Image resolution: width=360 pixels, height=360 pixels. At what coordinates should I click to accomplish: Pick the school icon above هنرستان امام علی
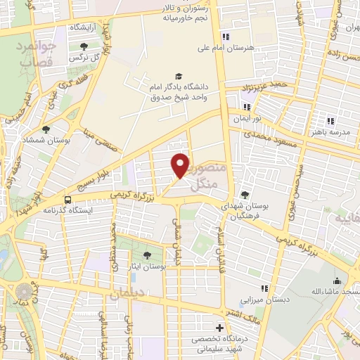[x=225, y=37]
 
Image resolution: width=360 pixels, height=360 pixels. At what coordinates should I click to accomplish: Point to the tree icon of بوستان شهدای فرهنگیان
[x=244, y=195]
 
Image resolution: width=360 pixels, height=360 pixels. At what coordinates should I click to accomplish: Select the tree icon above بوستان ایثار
[x=147, y=255]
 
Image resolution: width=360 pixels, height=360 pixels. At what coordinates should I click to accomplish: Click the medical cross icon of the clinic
[x=220, y=328]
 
